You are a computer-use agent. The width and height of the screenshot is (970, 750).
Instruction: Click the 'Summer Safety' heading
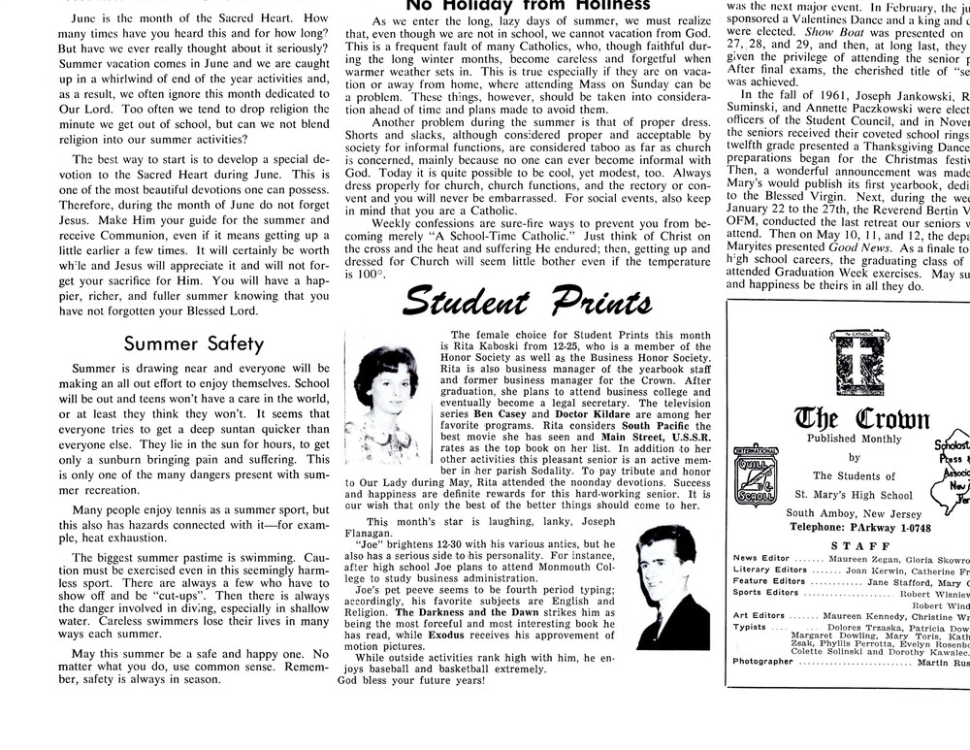[193, 343]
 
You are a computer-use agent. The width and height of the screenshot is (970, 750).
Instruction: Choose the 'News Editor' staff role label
[761, 559]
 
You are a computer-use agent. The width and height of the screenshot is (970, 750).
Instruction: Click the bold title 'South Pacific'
[655, 426]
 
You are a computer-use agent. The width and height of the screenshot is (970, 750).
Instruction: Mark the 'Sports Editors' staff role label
[765, 592]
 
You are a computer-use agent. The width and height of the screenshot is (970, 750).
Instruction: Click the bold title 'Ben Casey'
[500, 415]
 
